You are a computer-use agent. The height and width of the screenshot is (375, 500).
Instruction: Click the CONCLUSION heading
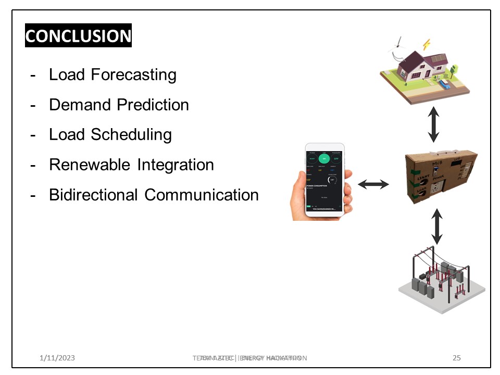point(78,35)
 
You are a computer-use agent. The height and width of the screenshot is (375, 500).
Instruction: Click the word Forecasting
point(134,75)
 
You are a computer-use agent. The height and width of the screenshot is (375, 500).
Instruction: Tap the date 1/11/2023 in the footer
point(57,358)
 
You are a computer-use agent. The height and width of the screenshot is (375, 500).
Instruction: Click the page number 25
point(457,358)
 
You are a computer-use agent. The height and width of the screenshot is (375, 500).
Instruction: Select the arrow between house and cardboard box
point(434,125)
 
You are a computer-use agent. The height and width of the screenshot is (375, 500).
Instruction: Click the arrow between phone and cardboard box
point(373,184)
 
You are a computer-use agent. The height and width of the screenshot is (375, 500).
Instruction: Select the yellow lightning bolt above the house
point(427,43)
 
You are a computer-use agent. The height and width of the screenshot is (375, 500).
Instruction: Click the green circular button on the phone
point(324,159)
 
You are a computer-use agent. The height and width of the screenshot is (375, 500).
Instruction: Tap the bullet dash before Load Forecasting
point(33,75)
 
